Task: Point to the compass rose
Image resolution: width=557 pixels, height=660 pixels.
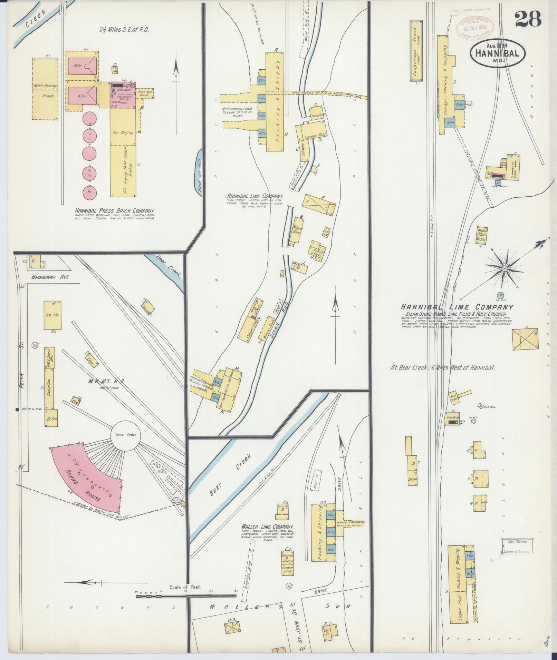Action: click(x=505, y=268)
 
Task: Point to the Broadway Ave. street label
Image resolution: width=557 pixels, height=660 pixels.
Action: click(x=51, y=277)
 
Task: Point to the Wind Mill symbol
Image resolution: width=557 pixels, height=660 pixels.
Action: click(x=480, y=406)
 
